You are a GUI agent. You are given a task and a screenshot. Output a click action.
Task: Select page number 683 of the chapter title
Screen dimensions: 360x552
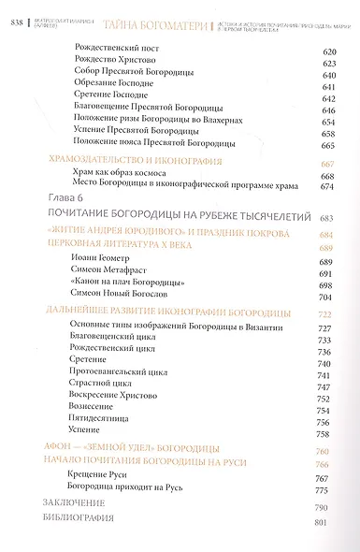pyautogui.click(x=326, y=218)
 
